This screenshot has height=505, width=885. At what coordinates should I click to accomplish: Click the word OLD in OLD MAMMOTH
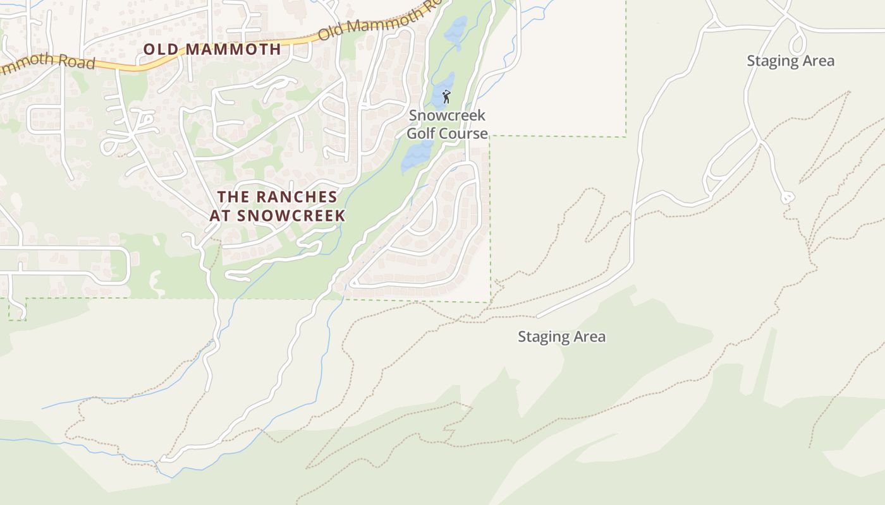tap(161, 49)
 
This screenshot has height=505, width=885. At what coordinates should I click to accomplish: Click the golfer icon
tap(446, 97)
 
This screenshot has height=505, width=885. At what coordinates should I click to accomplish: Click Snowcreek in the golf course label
tap(447, 116)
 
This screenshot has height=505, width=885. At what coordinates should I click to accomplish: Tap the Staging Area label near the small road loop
tap(790, 61)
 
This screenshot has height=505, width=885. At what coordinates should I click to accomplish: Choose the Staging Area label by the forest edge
tap(561, 337)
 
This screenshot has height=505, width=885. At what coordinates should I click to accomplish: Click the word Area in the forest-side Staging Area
tap(590, 337)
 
